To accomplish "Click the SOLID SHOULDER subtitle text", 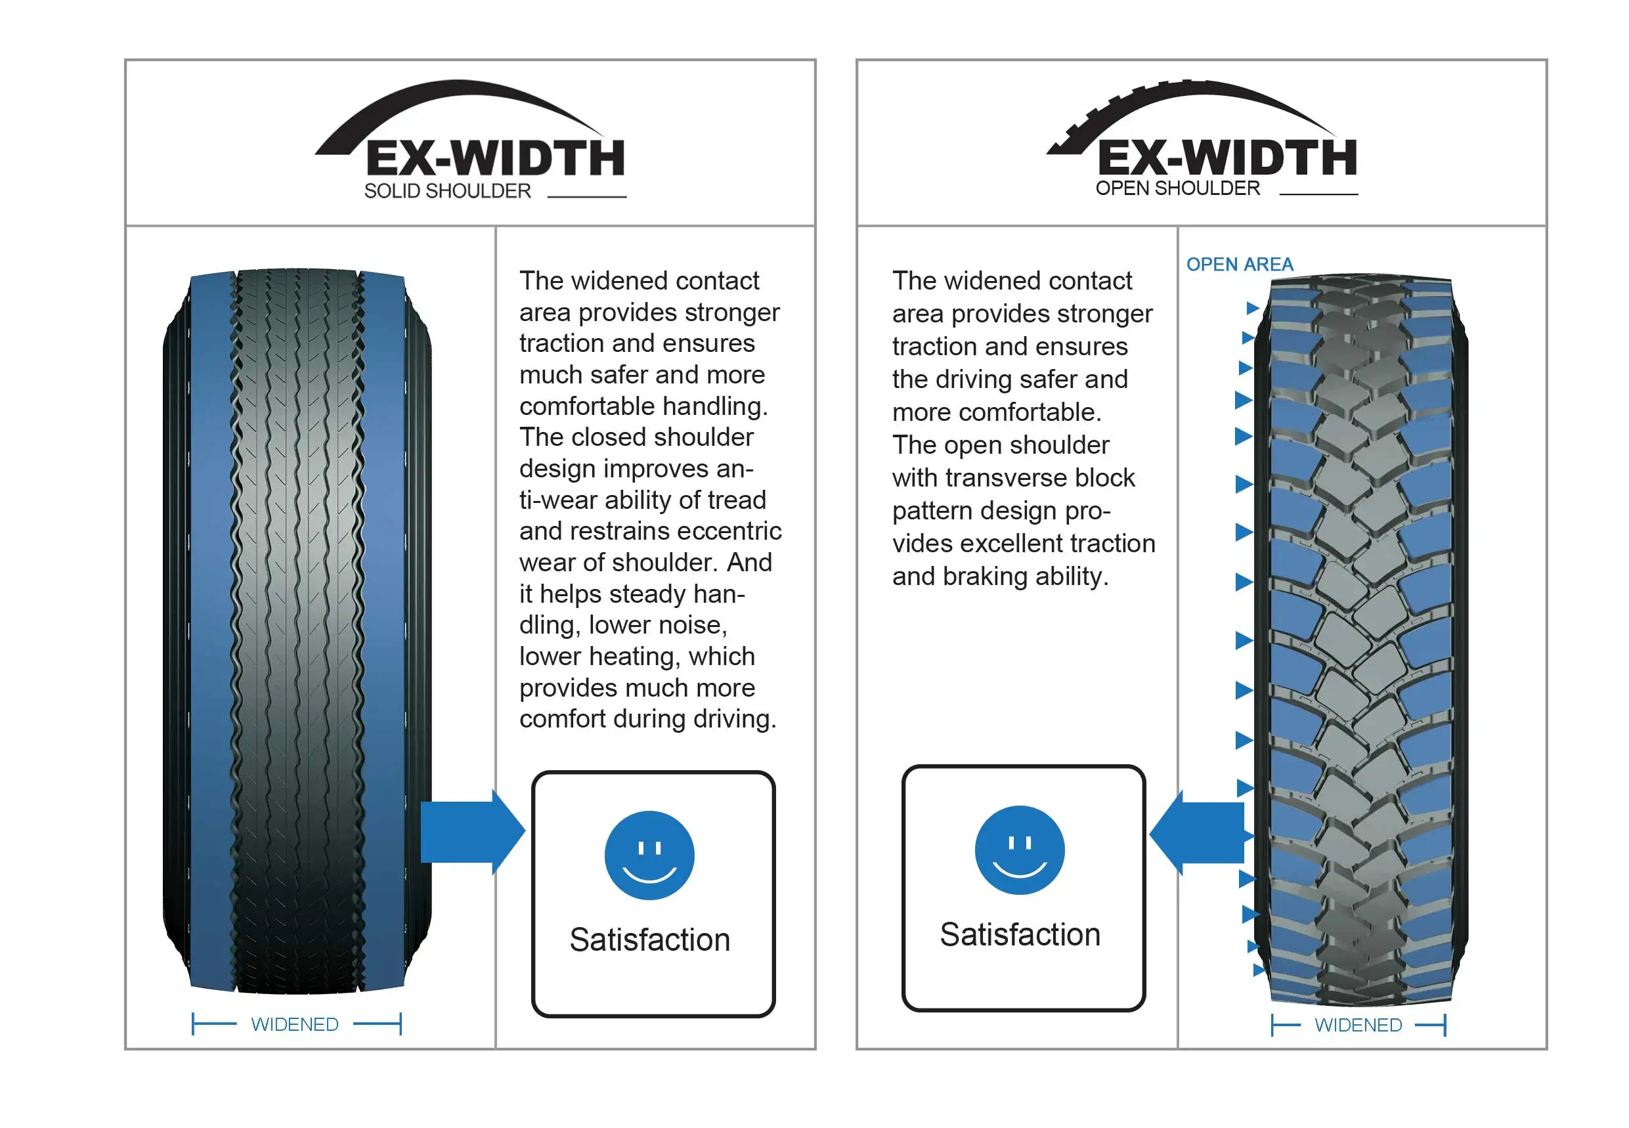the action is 446,191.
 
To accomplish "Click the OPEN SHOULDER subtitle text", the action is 1177,188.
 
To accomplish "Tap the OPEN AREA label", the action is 1239,265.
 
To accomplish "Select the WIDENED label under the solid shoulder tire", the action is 294,1024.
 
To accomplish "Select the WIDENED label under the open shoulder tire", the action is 1357,1025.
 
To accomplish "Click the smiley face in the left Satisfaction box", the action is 649,855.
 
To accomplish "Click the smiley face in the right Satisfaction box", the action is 1018,850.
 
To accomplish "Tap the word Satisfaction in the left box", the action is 649,940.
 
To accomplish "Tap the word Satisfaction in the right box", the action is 1019,934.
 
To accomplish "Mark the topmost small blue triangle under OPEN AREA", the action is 1251,307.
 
